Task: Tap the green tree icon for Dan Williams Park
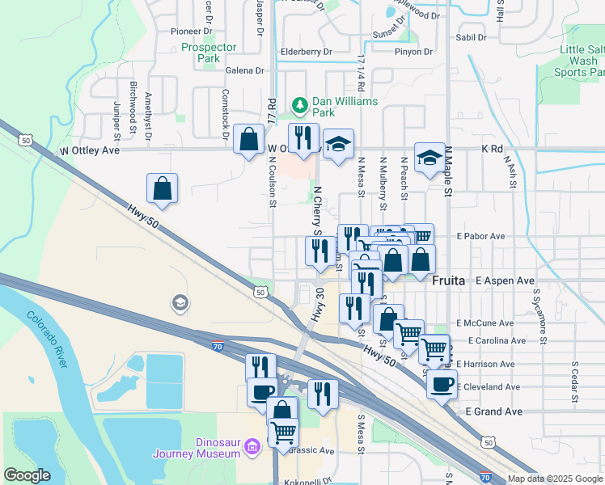(x=300, y=104)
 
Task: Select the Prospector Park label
(x=201, y=53)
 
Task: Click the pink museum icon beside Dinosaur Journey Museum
(x=252, y=446)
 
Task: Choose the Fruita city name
(x=449, y=280)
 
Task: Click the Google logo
(x=27, y=475)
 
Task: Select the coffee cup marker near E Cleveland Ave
(x=442, y=383)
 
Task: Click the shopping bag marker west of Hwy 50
(x=163, y=188)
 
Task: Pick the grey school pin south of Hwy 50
(x=179, y=303)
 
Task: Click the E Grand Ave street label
(x=494, y=411)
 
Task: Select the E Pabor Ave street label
(x=480, y=237)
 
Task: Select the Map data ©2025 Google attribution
(x=554, y=479)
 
